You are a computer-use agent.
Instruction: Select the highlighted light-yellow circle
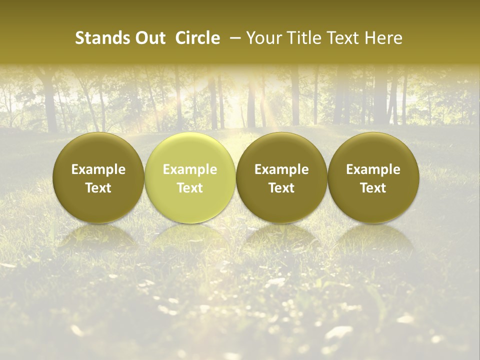[189, 150]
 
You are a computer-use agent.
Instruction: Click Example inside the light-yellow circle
[189, 169]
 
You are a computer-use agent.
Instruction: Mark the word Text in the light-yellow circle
[189, 188]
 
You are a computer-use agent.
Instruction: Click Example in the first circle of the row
[98, 169]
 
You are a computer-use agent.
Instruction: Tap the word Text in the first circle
[98, 188]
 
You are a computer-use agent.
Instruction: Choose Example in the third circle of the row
[281, 169]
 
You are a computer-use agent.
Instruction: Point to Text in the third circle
[281, 188]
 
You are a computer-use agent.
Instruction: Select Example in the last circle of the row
[373, 169]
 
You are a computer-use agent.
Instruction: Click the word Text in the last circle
[373, 188]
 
